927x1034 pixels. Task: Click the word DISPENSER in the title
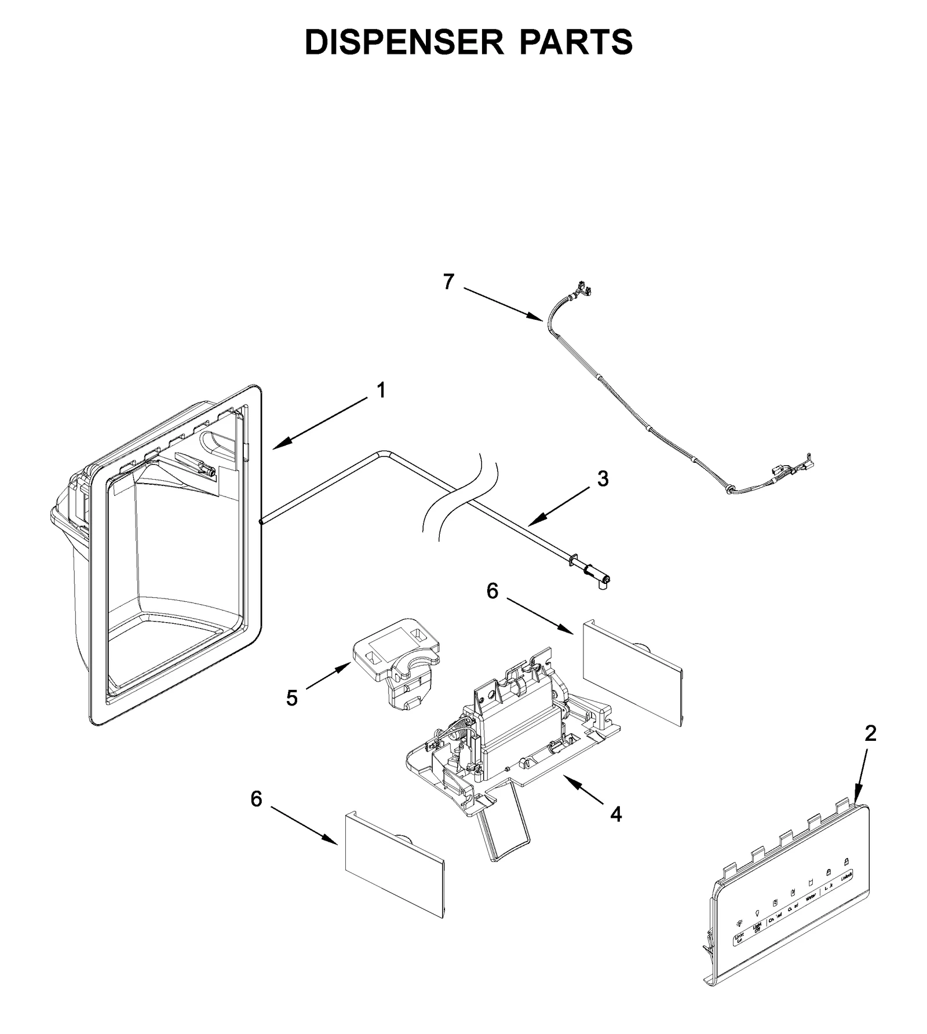[404, 42]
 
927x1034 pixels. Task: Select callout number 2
[870, 733]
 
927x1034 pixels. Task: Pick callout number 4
[615, 814]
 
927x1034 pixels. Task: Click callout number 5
[292, 698]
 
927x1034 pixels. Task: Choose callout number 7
[448, 282]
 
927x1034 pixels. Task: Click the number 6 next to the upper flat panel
[492, 591]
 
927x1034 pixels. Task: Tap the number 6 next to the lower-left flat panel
[256, 799]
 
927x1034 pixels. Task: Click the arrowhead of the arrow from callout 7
[540, 318]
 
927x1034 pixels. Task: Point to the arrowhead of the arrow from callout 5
[349, 667]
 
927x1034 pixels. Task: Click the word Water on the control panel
[810, 896]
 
